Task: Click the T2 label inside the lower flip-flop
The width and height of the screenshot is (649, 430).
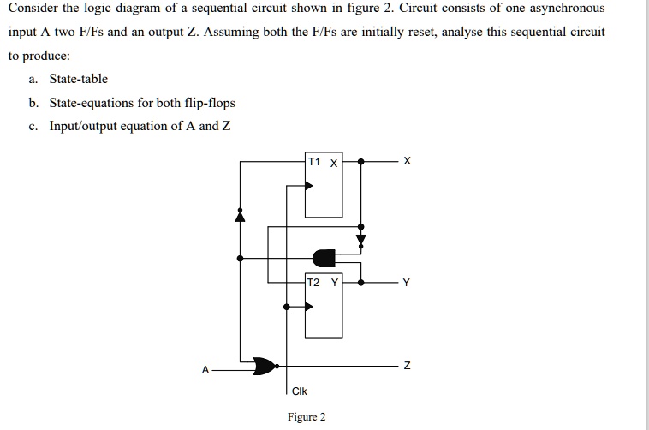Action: [313, 282]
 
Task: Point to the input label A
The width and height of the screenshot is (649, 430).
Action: [205, 370]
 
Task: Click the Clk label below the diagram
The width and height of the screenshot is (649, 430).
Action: [299, 391]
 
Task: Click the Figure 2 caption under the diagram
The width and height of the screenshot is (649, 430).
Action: [307, 417]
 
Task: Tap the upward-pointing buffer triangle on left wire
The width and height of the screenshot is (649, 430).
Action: [241, 215]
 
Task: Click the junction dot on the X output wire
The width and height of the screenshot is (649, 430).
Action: [360, 161]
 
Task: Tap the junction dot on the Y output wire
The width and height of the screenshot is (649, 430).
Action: [360, 282]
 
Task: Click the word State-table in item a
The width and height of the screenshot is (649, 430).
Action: [79, 79]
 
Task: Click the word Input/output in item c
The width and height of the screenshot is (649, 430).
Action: [85, 127]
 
